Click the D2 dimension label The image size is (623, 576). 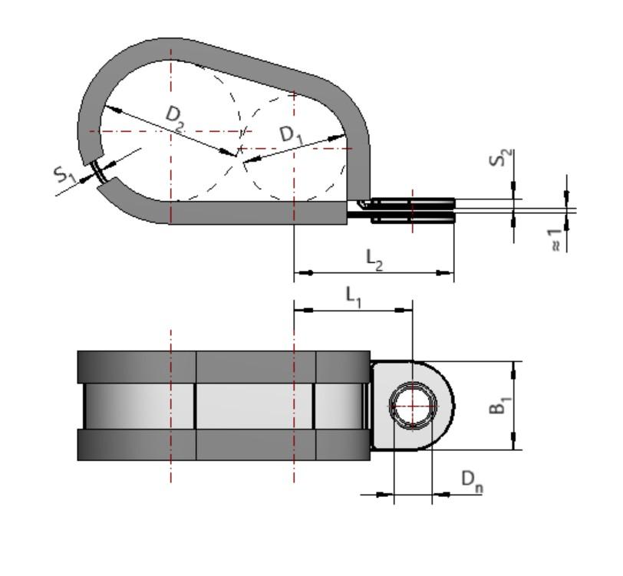coord(176,119)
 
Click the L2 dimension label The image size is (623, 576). coord(374,261)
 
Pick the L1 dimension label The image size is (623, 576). coord(353,295)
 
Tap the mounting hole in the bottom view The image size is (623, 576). coord(413,405)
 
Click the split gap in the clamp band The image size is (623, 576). coord(101,173)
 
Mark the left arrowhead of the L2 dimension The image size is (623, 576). coord(300,272)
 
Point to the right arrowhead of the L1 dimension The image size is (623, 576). coord(407,310)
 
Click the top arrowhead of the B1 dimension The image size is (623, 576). coord(513,367)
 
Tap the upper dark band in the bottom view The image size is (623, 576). coord(222,366)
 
